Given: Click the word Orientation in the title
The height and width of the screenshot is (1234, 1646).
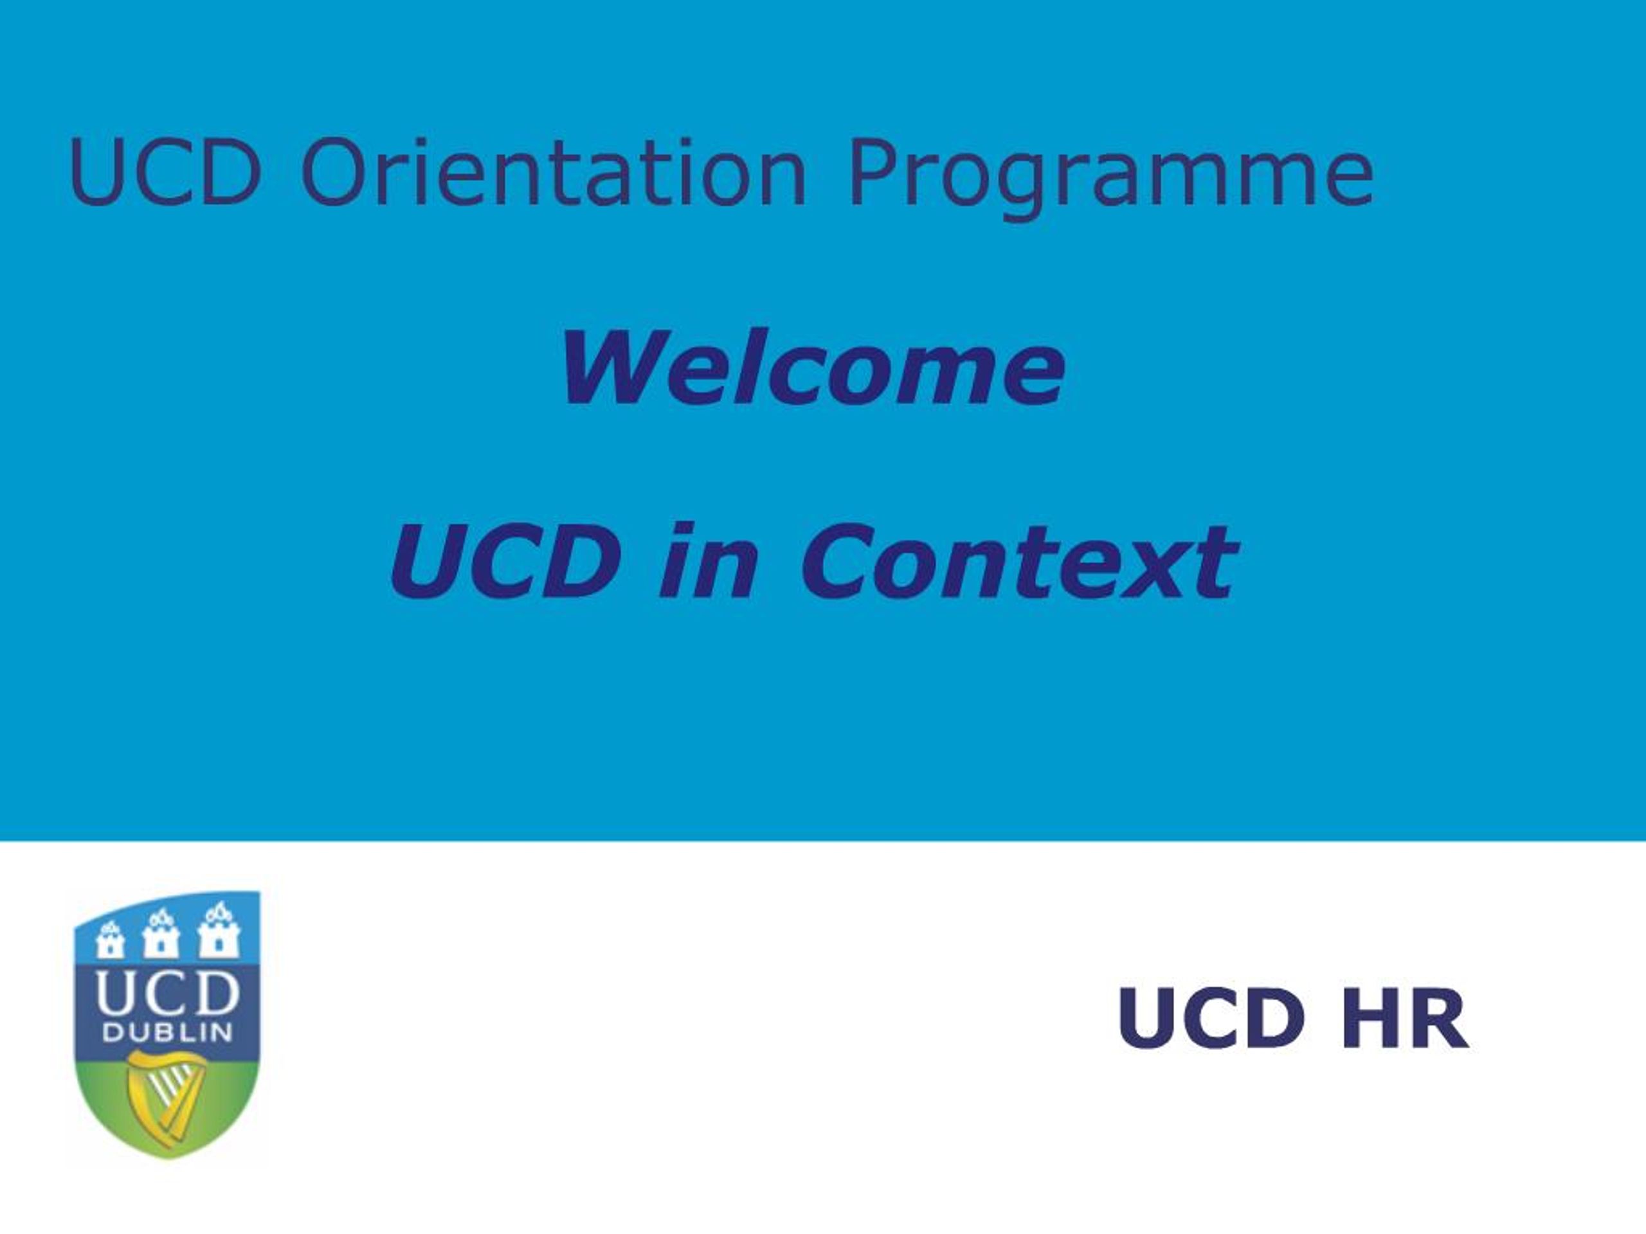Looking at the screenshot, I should pyautogui.click(x=552, y=172).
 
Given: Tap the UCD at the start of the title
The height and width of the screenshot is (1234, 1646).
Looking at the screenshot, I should pyautogui.click(x=165, y=172).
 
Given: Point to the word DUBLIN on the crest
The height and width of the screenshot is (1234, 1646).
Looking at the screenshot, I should pyautogui.click(x=167, y=1032).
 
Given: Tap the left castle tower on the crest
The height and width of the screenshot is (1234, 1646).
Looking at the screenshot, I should pyautogui.click(x=110, y=940).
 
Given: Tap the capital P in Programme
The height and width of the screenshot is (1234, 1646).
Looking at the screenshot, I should pyautogui.click(x=871, y=172).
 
